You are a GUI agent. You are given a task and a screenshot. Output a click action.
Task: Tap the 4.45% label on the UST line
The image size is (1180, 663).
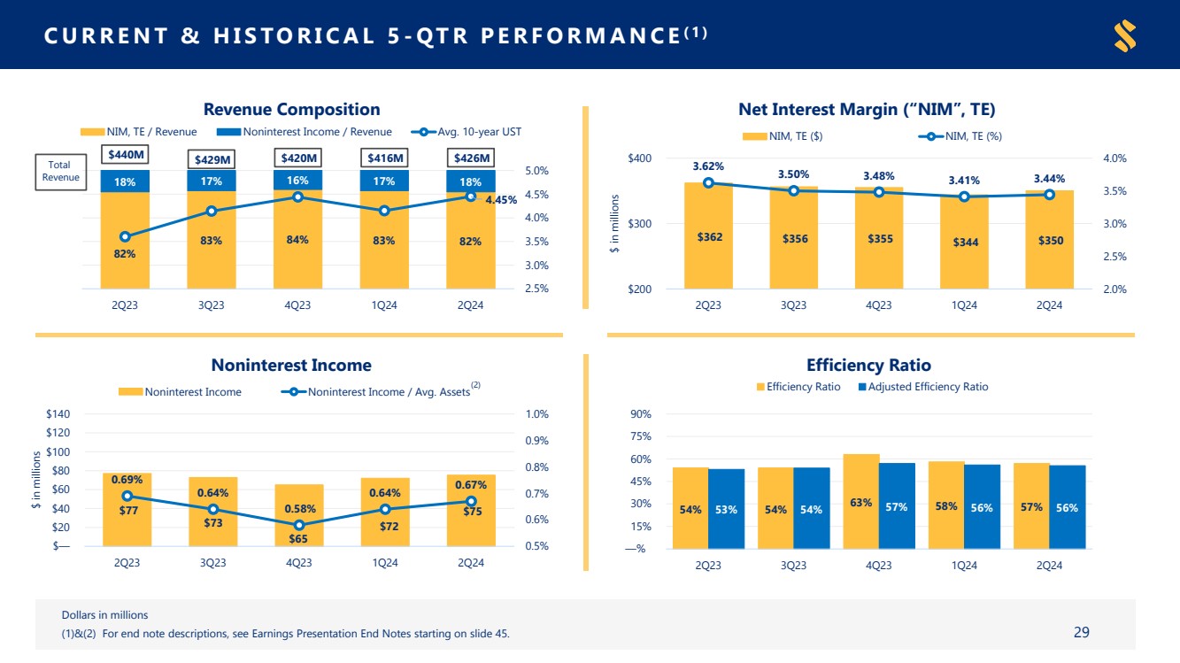[501, 200]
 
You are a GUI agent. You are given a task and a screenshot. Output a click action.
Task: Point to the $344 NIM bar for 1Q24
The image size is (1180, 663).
[964, 243]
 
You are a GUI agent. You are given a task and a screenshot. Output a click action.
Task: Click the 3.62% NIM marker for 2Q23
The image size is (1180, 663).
[708, 183]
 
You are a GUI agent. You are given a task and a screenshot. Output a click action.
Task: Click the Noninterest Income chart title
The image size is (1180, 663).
[291, 365]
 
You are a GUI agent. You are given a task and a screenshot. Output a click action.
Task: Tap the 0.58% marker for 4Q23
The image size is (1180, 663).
[299, 525]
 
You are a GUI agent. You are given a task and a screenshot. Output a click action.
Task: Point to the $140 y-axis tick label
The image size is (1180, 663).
[58, 414]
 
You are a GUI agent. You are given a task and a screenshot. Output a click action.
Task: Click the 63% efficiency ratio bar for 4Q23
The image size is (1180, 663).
[860, 502]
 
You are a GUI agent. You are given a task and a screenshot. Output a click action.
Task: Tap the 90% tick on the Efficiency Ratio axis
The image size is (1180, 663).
[641, 414]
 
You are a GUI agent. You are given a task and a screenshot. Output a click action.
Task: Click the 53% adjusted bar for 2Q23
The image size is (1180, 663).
[726, 509]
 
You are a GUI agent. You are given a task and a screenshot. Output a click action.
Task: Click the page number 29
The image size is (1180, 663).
[1081, 632]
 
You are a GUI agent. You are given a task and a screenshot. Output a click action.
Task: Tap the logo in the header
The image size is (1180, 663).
[1125, 35]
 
